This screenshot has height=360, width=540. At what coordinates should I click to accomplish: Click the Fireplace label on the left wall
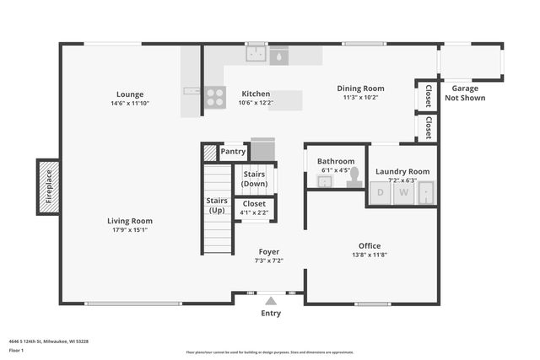coord(48,187)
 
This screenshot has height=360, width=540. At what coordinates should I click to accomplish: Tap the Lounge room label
coord(130,94)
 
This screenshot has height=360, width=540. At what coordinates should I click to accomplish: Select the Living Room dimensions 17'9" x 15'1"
coord(130,231)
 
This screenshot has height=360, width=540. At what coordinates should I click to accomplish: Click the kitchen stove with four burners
coord(215,97)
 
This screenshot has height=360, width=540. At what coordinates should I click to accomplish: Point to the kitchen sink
coord(256,55)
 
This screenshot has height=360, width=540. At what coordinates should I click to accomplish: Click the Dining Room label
coord(360,88)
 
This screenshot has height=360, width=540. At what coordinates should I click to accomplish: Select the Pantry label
coord(233,152)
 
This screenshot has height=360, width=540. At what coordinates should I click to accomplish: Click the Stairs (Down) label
coord(254,179)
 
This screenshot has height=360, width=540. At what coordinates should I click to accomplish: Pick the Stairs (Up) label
coord(216,206)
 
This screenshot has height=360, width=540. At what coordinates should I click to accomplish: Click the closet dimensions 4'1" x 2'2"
coord(254,212)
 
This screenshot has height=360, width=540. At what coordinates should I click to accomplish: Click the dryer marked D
coord(381,193)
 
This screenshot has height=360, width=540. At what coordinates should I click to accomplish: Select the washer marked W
coord(404,193)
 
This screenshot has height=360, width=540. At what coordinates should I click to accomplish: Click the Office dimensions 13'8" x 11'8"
coord(369,255)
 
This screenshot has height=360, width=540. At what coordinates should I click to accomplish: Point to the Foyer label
coord(269,251)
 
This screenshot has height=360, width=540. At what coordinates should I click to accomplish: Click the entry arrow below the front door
coord(270,299)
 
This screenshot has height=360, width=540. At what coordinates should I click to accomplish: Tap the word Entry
coord(271,314)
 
